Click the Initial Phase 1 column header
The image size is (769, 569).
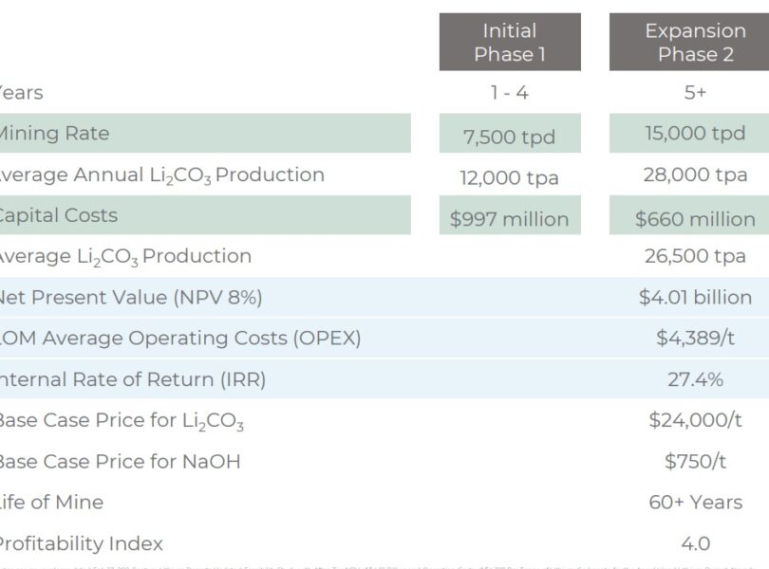[x=510, y=42]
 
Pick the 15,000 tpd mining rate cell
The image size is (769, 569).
[x=695, y=134]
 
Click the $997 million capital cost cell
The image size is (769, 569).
[x=510, y=219]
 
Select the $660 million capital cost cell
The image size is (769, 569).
[x=695, y=219]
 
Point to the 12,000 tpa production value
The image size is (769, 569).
[x=510, y=177]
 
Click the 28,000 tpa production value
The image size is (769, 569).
[x=695, y=175]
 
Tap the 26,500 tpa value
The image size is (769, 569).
[x=695, y=256]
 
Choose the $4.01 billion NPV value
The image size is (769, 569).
[x=695, y=298]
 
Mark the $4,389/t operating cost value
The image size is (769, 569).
[x=695, y=339]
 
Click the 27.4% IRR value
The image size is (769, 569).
[x=695, y=379]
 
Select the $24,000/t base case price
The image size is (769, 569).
[x=695, y=420]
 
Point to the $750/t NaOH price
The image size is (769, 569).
[x=695, y=461]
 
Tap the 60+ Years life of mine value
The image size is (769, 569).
[x=695, y=502]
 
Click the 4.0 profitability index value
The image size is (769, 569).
[x=695, y=543]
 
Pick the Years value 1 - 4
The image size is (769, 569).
[x=510, y=93]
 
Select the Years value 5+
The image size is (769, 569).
[x=695, y=93]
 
